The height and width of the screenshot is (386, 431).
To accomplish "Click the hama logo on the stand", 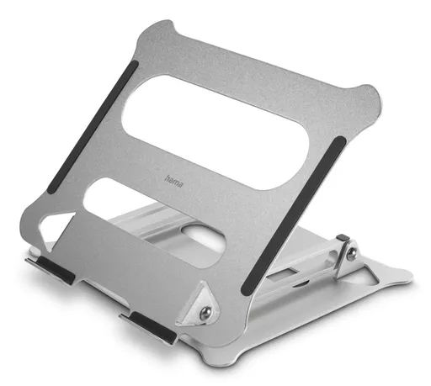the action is (173, 181).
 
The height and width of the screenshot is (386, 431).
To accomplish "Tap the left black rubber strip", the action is (93, 127).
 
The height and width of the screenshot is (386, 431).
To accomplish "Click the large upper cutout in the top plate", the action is (215, 132).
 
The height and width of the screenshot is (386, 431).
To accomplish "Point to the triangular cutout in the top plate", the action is (55, 227).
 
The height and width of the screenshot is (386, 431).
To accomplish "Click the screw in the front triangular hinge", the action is (205, 312).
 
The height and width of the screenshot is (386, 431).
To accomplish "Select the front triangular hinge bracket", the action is (199, 305).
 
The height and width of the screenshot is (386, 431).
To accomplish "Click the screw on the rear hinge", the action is (351, 254).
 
